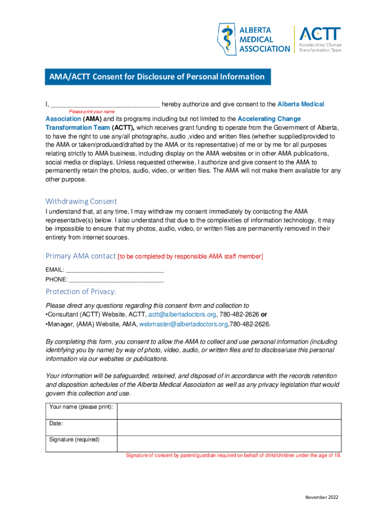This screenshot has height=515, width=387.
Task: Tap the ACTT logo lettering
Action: [320, 34]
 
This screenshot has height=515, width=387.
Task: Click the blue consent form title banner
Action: [157, 77]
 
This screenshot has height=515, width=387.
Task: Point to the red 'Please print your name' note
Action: [92, 112]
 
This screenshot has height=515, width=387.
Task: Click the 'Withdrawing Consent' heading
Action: [81, 201]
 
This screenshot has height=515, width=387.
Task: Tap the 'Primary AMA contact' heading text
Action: [80, 256]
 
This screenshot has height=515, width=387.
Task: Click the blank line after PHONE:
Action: [116, 279]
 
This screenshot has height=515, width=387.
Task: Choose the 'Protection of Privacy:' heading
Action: [81, 292]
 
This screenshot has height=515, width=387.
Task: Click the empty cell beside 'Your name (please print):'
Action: [229, 411]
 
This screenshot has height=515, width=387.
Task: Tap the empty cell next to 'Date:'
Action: [229, 427]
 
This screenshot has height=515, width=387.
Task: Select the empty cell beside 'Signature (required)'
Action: [229, 444]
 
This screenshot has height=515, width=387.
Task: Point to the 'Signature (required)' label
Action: [74, 440]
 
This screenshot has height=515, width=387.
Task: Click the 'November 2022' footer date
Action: [322, 497]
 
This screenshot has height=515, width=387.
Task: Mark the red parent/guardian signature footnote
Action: [233, 456]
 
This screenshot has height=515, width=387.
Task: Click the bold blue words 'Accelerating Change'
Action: [269, 119]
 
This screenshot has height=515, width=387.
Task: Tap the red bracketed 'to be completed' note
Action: [190, 256]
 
